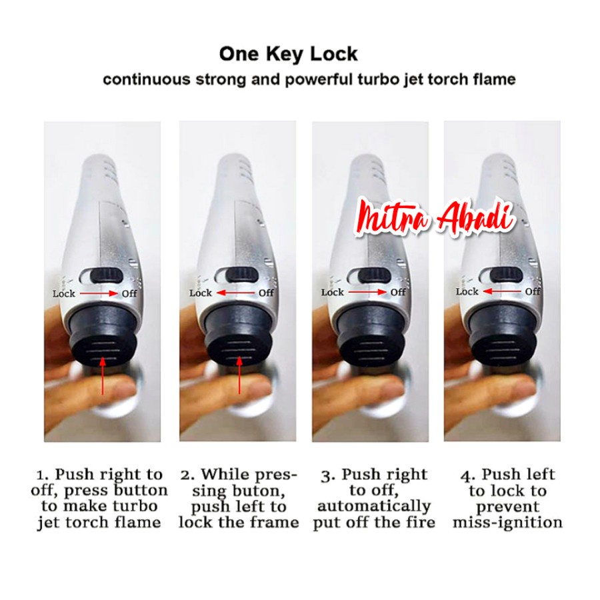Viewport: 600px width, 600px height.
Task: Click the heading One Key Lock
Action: pos(288,54)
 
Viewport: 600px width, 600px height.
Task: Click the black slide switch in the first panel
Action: pos(109,275)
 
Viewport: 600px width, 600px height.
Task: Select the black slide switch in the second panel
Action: pos(243,275)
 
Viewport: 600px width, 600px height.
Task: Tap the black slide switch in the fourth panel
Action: pos(507,275)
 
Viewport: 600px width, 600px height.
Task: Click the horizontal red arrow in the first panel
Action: pos(99,293)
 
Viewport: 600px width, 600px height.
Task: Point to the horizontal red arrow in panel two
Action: pos(235,293)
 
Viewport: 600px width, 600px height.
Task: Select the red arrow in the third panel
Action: pos(367,293)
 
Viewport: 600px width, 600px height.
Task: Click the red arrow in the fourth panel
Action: pos(501,291)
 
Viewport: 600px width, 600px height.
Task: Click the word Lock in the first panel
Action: pos(64,293)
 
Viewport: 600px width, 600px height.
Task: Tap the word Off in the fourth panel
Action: pos(533,291)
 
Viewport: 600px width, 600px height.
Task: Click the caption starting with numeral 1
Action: pos(99,498)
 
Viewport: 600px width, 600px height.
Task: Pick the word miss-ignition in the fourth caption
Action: pos(507,522)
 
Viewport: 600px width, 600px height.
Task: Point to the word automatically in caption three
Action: pos(374,506)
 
